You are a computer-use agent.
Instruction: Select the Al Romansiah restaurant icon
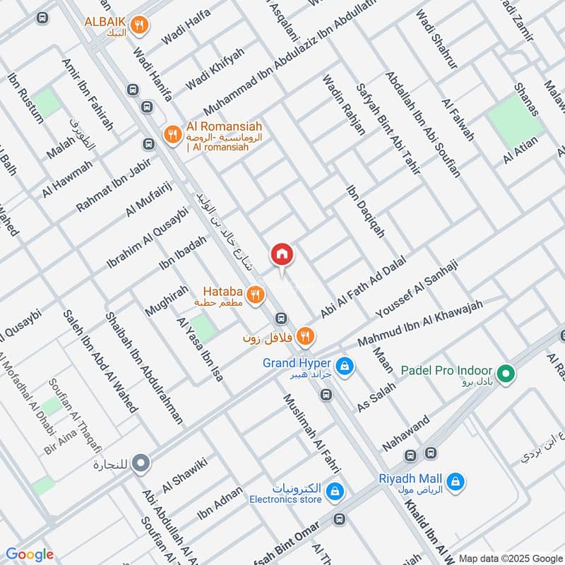pyautogui.click(x=172, y=133)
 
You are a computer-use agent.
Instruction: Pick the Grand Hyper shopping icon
pyautogui.click(x=345, y=365)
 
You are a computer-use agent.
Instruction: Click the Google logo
pyautogui.click(x=30, y=554)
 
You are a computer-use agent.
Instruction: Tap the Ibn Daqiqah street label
pyautogui.click(x=366, y=211)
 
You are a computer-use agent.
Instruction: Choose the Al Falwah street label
pyautogui.click(x=458, y=120)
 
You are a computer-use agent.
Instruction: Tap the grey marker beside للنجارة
pyautogui.click(x=142, y=464)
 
